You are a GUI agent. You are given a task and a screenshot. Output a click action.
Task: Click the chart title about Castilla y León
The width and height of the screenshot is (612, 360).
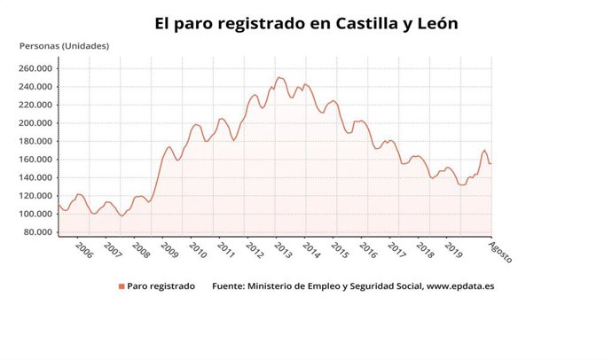(x=306, y=22)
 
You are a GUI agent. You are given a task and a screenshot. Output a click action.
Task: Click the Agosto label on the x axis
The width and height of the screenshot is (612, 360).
(x=501, y=253)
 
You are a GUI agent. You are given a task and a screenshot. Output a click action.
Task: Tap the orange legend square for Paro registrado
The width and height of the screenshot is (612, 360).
(x=122, y=286)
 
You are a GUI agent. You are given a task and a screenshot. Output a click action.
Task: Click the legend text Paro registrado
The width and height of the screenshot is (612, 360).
(x=161, y=286)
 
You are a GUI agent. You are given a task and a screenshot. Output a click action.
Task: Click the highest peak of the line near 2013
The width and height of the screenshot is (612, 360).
(x=279, y=77)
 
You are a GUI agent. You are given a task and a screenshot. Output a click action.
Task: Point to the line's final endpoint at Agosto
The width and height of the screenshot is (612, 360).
(x=491, y=163)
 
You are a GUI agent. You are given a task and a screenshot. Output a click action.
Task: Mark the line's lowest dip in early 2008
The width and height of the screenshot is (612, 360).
(x=122, y=215)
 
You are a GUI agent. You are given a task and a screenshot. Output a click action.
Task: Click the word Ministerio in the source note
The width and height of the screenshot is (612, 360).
(x=276, y=286)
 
